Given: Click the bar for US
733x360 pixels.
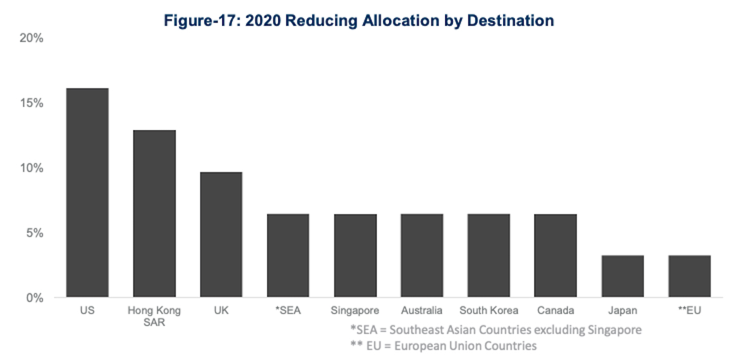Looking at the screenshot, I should pyautogui.click(x=87, y=193).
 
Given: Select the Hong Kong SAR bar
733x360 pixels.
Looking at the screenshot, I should pyautogui.click(x=154, y=213).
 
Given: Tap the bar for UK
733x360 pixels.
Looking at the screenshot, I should pyautogui.click(x=221, y=235).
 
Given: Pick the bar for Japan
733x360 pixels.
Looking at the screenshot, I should pyautogui.click(x=623, y=276).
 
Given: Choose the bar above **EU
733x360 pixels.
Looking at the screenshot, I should pyautogui.click(x=689, y=276).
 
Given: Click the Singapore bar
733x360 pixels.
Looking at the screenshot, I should pyautogui.click(x=355, y=256).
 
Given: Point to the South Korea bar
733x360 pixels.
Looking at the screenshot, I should pyautogui.click(x=489, y=256).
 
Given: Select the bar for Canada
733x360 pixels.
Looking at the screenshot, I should pyautogui.click(x=556, y=256).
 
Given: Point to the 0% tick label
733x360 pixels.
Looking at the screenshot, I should pyautogui.click(x=35, y=298).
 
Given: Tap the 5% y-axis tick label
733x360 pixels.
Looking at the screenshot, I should pyautogui.click(x=35, y=233).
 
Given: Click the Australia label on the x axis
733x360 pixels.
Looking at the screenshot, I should pyautogui.click(x=422, y=311).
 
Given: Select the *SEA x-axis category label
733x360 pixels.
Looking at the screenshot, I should pyautogui.click(x=288, y=311).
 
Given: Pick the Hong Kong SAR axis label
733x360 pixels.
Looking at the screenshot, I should pyautogui.click(x=154, y=316).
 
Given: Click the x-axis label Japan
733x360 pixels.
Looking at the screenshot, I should pyautogui.click(x=623, y=311).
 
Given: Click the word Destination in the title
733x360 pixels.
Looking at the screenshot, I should pyautogui.click(x=510, y=20).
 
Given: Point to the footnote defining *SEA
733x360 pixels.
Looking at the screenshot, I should pyautogui.click(x=496, y=330).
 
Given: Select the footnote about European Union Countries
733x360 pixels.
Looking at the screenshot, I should pyautogui.click(x=443, y=346).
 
